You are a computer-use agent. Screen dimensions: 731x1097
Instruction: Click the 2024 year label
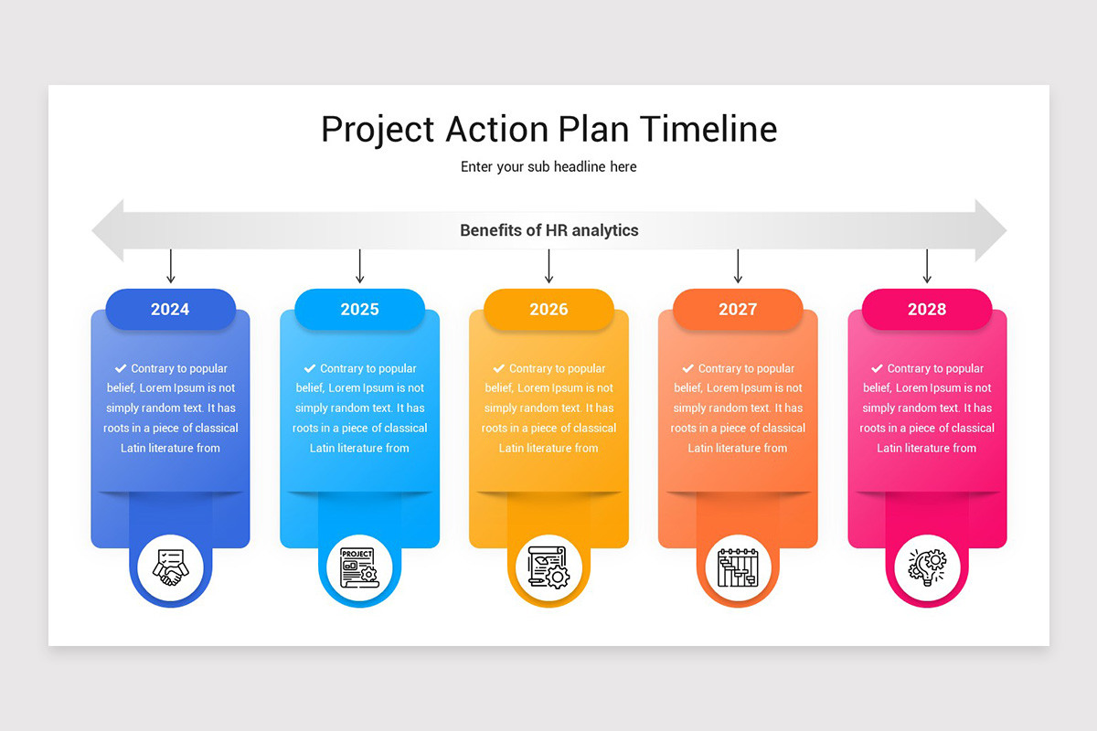click(170, 309)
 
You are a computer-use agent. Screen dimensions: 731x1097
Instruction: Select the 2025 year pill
click(359, 309)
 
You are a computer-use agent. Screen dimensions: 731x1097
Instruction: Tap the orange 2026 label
click(548, 309)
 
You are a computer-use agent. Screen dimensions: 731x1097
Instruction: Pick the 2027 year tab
click(738, 309)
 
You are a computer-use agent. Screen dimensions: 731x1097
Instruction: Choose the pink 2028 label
click(927, 309)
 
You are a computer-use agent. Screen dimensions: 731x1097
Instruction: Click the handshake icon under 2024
click(170, 567)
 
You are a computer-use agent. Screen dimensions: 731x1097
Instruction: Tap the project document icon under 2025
click(359, 567)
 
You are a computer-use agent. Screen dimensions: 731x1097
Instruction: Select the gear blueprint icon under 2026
click(548, 567)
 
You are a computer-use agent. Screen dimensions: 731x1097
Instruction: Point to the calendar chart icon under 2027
click(738, 567)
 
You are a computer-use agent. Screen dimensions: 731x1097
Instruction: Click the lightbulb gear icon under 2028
click(927, 567)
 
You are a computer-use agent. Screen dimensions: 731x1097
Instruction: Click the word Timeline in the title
click(708, 129)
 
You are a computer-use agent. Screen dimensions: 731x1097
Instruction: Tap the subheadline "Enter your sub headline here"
click(548, 167)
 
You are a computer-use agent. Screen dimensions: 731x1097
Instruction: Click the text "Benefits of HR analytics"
click(548, 230)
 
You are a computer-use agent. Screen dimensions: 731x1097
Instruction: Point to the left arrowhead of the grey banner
click(108, 230)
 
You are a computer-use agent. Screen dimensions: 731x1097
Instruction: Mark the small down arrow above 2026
click(548, 267)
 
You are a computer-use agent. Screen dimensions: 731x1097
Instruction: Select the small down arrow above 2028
click(927, 267)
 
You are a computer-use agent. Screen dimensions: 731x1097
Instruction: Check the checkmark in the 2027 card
click(688, 368)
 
